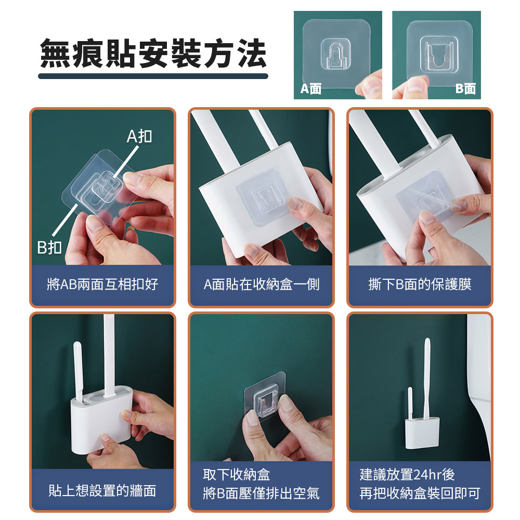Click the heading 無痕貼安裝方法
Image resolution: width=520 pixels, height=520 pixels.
click(x=153, y=54)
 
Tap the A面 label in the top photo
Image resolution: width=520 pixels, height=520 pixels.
click(x=311, y=88)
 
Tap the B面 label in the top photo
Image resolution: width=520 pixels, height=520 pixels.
click(x=465, y=88)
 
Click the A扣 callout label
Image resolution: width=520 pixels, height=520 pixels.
click(x=139, y=136)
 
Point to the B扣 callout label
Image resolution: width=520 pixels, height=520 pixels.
click(x=49, y=247)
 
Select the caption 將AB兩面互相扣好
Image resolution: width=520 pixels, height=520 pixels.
click(x=102, y=284)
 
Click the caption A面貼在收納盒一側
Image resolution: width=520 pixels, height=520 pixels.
click(x=262, y=284)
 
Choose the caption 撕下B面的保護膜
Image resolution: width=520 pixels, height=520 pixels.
click(x=420, y=284)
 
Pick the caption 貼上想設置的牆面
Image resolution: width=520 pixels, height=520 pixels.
click(x=102, y=490)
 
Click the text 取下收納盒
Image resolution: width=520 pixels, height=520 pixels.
click(x=237, y=475)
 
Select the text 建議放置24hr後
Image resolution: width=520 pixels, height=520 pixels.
click(x=407, y=475)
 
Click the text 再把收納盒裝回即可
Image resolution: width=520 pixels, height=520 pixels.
click(x=420, y=493)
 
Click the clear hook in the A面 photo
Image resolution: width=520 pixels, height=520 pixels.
click(x=335, y=55)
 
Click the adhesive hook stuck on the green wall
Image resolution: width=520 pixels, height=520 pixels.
click(x=265, y=397)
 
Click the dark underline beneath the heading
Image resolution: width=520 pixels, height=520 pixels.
click(x=153, y=76)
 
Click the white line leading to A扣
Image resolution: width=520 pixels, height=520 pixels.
click(x=125, y=163)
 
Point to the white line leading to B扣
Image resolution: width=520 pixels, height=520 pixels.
click(x=64, y=220)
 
